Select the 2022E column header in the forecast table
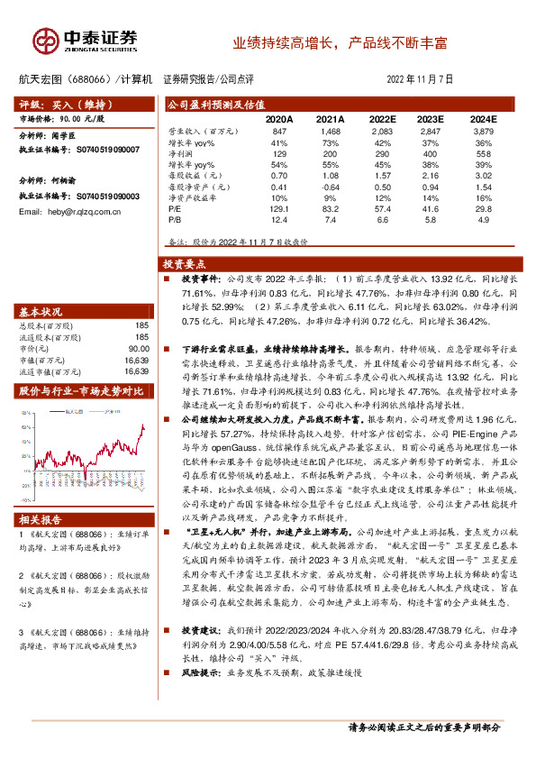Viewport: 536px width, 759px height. pos(382,119)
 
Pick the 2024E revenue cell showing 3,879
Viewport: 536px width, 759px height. pos(483,132)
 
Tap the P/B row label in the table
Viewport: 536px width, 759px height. pos(175,218)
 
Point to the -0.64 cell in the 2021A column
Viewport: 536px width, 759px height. pos(331,186)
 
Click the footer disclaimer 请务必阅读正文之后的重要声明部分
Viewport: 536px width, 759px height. pos(423,727)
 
